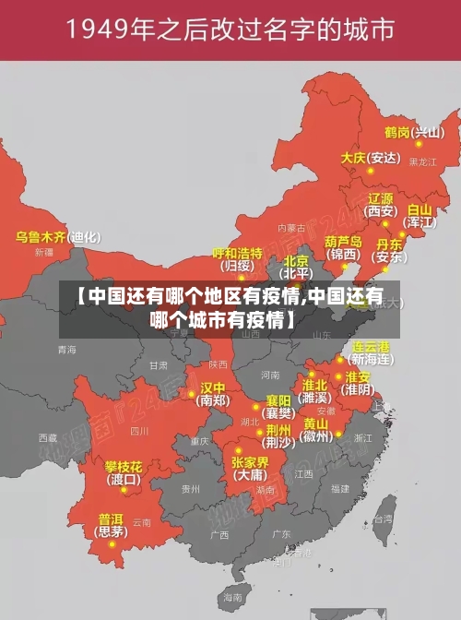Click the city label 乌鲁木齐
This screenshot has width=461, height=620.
click(41, 237)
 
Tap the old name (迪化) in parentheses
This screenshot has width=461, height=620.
click(85, 237)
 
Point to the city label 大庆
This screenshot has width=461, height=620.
click(353, 158)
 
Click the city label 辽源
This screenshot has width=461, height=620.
click(381, 198)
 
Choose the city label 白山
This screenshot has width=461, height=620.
click(419, 210)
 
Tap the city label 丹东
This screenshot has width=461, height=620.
click(389, 244)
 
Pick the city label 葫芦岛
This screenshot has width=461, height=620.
click(342, 241)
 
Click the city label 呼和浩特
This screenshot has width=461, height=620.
click(238, 253)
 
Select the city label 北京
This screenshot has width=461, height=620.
click(296, 261)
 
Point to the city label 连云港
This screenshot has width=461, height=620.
click(372, 346)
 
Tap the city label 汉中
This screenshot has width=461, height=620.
click(213, 387)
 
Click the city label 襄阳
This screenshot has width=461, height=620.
click(278, 400)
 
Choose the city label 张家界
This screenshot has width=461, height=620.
click(250, 462)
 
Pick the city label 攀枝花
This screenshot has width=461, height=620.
click(123, 466)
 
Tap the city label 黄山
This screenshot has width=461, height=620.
click(315, 423)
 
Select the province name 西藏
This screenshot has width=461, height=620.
click(48, 436)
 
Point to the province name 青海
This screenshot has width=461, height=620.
click(66, 350)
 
